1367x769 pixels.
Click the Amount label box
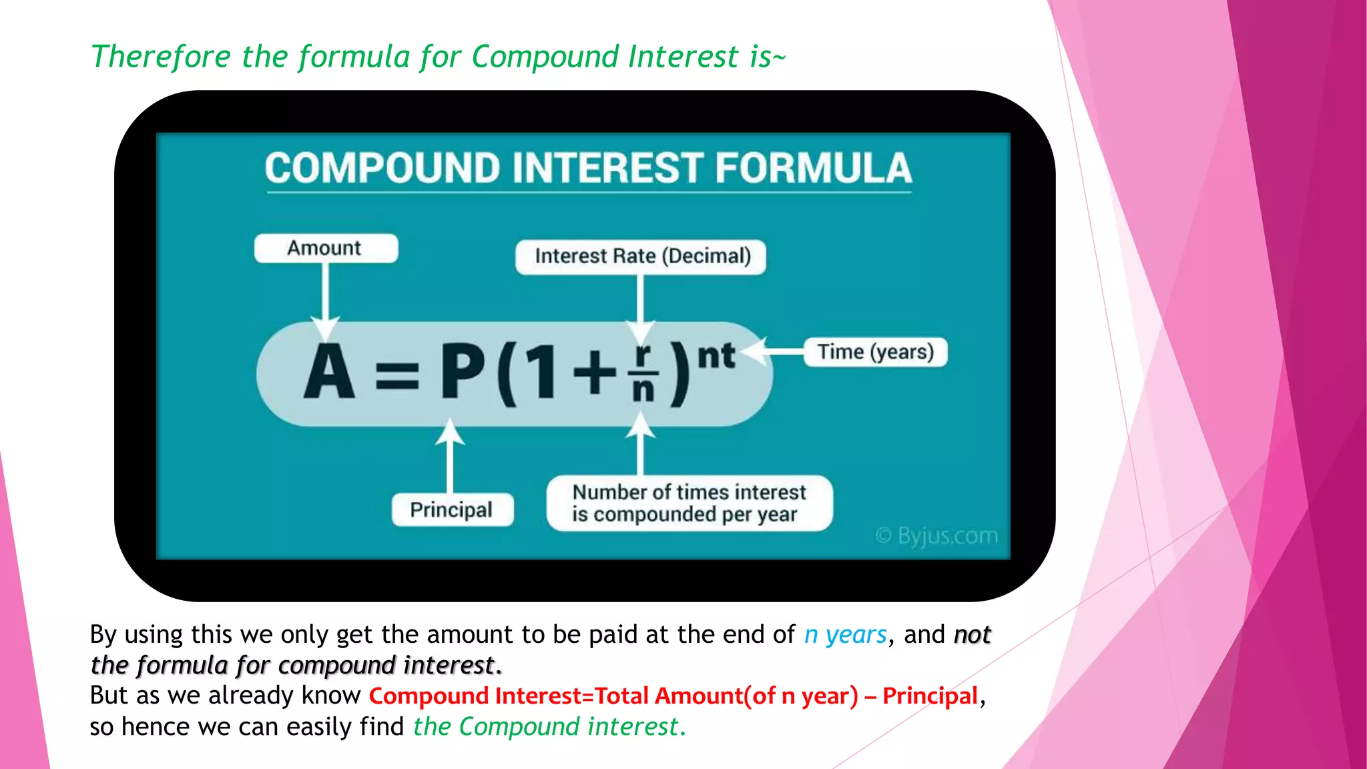click(x=326, y=248)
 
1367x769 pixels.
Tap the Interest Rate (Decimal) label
click(x=641, y=256)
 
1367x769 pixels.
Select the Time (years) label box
click(x=876, y=352)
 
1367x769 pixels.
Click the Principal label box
click(x=452, y=510)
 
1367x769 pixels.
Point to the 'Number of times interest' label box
click(x=689, y=503)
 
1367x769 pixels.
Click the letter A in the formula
click(x=328, y=372)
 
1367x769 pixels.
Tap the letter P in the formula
click(x=462, y=372)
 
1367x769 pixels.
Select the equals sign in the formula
click(x=397, y=375)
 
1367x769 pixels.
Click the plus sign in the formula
click(x=594, y=372)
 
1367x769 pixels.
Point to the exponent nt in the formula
click(x=716, y=355)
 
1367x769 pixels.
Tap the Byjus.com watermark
click(x=937, y=535)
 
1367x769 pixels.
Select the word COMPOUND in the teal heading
click(x=382, y=168)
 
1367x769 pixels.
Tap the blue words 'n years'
click(x=845, y=635)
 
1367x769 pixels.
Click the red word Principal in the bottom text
click(x=930, y=696)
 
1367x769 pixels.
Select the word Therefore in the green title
click(x=161, y=57)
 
